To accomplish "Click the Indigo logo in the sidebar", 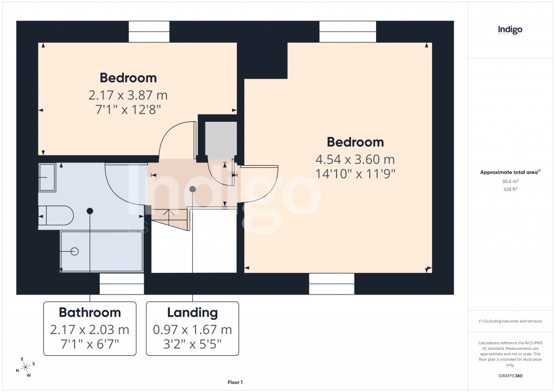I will pos(510,30).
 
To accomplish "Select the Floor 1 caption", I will pos(235,382).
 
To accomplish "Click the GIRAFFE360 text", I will pos(511,375).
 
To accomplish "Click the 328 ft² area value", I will pos(510,190).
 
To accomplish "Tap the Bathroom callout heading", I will pos(90,312).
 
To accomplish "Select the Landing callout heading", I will pos(192,312).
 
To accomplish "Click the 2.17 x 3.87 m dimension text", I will pos(128,96).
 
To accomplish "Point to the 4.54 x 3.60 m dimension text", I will pos(355,160).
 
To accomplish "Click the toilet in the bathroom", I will pos(56,215).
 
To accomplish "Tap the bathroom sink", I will pos(47,177).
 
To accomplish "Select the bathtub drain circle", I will pos(74,251).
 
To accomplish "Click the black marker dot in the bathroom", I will pos(90,210).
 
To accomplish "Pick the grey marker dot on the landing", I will pos(192,189).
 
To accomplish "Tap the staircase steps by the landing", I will pos(170,219).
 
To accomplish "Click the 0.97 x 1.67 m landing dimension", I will pos(192,330).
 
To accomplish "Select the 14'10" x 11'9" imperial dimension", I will pos(355,174).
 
